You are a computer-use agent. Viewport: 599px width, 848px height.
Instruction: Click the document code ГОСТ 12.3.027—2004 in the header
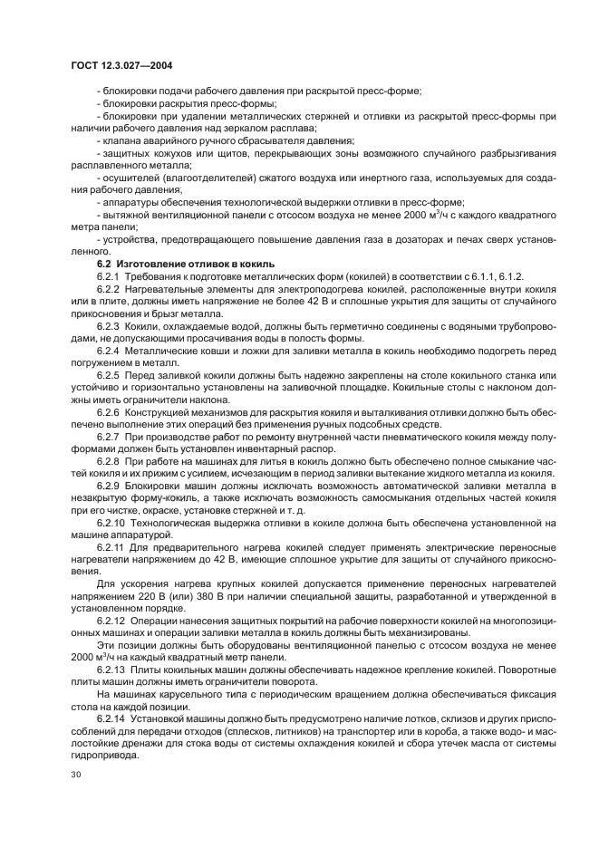point(122,67)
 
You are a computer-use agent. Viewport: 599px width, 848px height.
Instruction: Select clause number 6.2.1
point(110,275)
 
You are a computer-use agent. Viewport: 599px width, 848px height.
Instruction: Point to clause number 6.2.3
point(110,324)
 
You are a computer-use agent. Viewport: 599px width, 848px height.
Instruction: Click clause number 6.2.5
point(110,373)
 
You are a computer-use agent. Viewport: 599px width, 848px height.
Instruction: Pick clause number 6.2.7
point(110,436)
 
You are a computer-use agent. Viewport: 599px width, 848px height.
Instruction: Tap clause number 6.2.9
point(110,486)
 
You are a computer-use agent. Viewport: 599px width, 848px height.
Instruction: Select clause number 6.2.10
point(112,523)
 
